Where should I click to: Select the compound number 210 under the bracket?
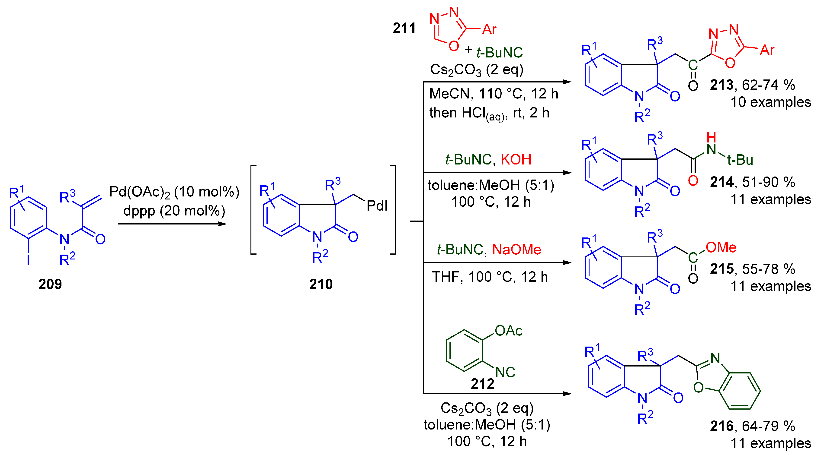pyautogui.click(x=321, y=284)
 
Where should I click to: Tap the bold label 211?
pyautogui.click(x=404, y=28)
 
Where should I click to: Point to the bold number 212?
pyautogui.click(x=482, y=384)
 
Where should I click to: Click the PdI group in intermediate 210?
pyautogui.click(x=377, y=205)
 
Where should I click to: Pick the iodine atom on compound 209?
pyautogui.click(x=29, y=260)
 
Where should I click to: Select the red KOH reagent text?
pyautogui.click(x=516, y=159)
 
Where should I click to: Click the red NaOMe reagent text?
pyautogui.click(x=516, y=249)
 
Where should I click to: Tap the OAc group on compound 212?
pyautogui.click(x=508, y=331)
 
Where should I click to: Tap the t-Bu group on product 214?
pyautogui.click(x=740, y=160)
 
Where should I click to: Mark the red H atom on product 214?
pyautogui.click(x=711, y=137)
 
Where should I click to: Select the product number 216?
pyautogui.click(x=721, y=426)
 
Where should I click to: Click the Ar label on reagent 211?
pyautogui.click(x=489, y=29)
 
